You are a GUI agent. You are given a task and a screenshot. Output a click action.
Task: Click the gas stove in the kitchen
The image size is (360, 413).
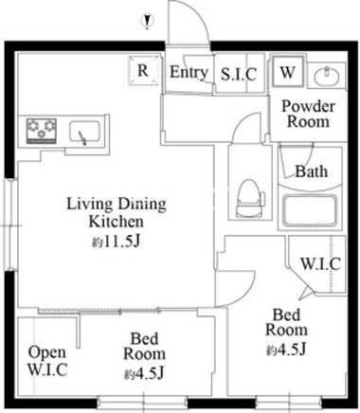pos(42,131)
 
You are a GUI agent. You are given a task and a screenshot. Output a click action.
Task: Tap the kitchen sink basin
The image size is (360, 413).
pos(85,133)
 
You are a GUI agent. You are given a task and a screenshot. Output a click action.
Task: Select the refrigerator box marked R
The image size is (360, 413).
pos(143,71)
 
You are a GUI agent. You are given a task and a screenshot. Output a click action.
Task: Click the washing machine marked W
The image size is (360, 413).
pos(288,72)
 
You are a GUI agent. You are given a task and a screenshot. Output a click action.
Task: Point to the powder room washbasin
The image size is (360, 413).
pos(327,76)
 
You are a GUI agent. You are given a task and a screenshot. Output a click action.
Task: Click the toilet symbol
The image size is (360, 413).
pos(250,198)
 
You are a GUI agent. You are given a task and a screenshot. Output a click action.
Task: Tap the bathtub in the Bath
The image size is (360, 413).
pos(310,210)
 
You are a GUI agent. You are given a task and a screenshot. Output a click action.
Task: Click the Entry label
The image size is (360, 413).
pos(189,72)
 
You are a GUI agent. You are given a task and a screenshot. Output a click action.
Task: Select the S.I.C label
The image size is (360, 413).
pos(239,75)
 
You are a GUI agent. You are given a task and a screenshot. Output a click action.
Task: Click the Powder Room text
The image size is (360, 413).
pos(308,114)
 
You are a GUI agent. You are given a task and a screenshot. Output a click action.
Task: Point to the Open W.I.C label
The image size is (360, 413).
pos(47,361)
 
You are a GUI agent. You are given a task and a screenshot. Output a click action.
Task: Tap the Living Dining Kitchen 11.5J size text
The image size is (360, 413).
pos(116,242)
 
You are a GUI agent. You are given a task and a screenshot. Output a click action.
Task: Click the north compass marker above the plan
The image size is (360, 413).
pos(147,22)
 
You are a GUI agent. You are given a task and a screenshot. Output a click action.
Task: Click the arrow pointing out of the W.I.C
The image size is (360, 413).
pos(305,294)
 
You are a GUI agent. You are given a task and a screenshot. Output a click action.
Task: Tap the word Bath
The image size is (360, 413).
pos(312,171)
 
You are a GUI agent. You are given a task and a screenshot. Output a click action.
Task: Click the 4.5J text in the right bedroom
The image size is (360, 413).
pos(286,350)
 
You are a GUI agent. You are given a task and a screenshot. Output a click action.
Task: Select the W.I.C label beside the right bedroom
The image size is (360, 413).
pos(320,263)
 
